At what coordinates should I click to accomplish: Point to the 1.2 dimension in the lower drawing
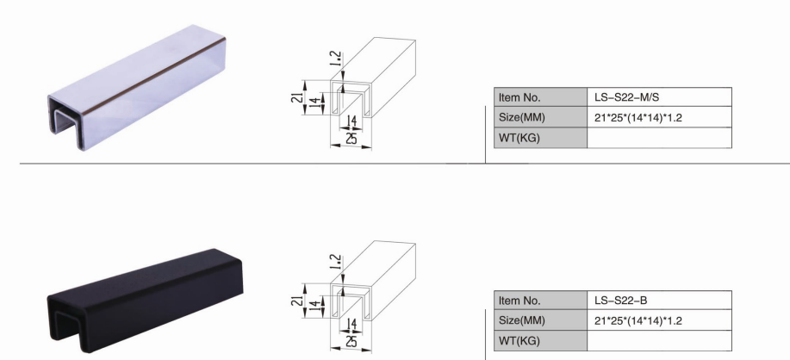(x=334, y=264)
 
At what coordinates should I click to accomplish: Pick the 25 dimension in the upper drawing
(x=348, y=138)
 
